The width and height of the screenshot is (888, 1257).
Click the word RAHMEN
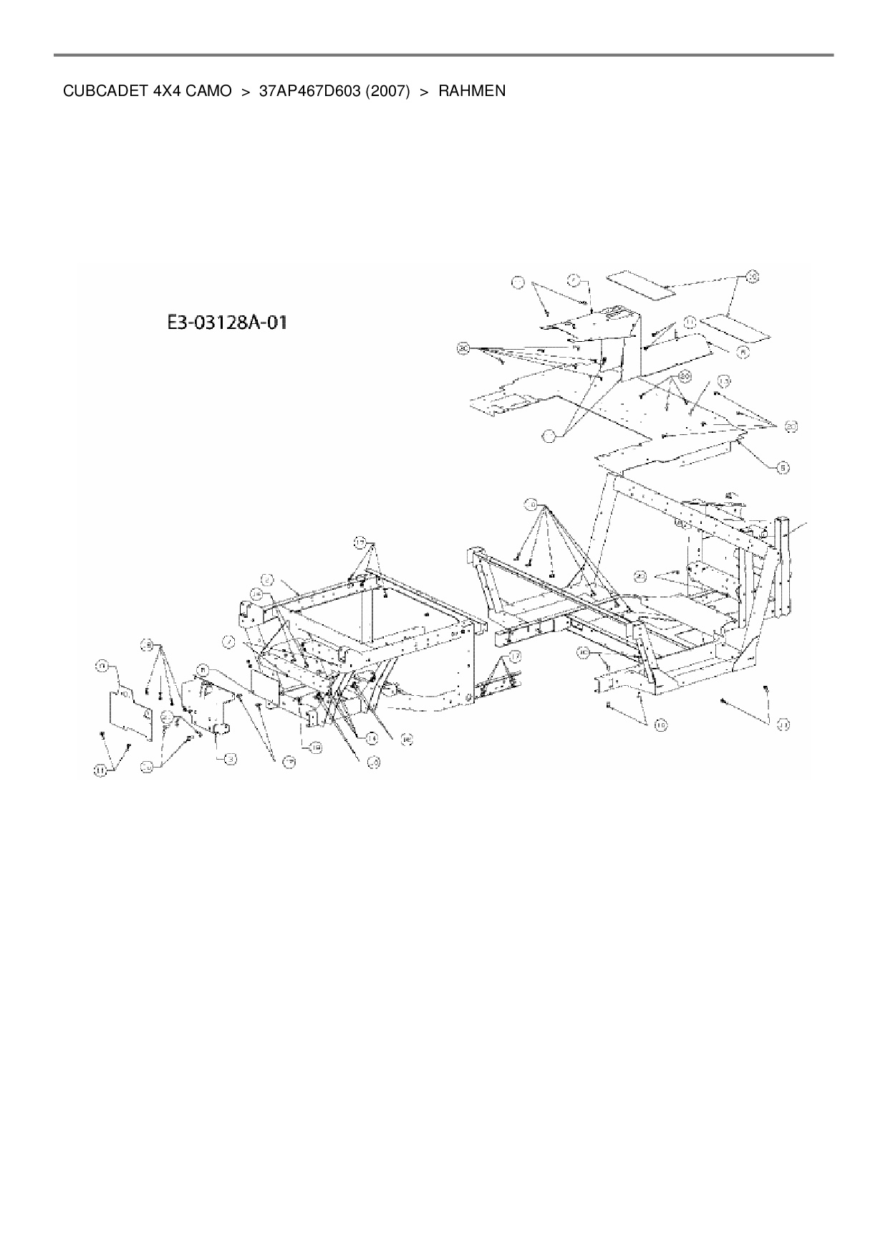pos(472,92)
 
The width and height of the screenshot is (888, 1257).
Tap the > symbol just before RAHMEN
pos(423,92)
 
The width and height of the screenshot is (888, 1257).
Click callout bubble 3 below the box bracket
pos(230,757)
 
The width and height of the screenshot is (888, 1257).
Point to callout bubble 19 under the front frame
pos(315,747)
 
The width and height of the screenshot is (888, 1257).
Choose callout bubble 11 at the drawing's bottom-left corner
pos(101,770)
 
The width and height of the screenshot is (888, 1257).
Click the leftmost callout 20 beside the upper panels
pos(463,349)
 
